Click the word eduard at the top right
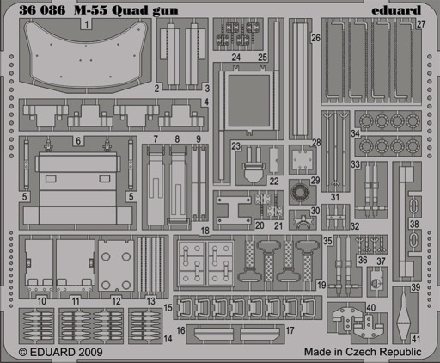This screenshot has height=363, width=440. (396, 10)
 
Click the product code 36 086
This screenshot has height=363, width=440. (42, 10)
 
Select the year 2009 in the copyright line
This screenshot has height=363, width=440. (89, 352)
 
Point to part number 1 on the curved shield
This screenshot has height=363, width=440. (87, 24)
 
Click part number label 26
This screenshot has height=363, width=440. (315, 38)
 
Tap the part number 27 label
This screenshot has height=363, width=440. (421, 24)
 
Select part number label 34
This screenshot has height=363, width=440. (356, 133)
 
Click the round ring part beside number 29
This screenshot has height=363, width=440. (300, 191)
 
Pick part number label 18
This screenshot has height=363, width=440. (205, 231)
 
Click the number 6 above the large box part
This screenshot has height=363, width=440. (78, 141)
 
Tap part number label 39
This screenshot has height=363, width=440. (416, 287)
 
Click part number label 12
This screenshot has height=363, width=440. (116, 301)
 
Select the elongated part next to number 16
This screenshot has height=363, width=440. (213, 334)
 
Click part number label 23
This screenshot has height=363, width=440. (235, 146)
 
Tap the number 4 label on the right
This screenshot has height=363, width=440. (206, 102)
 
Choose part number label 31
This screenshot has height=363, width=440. (335, 197)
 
